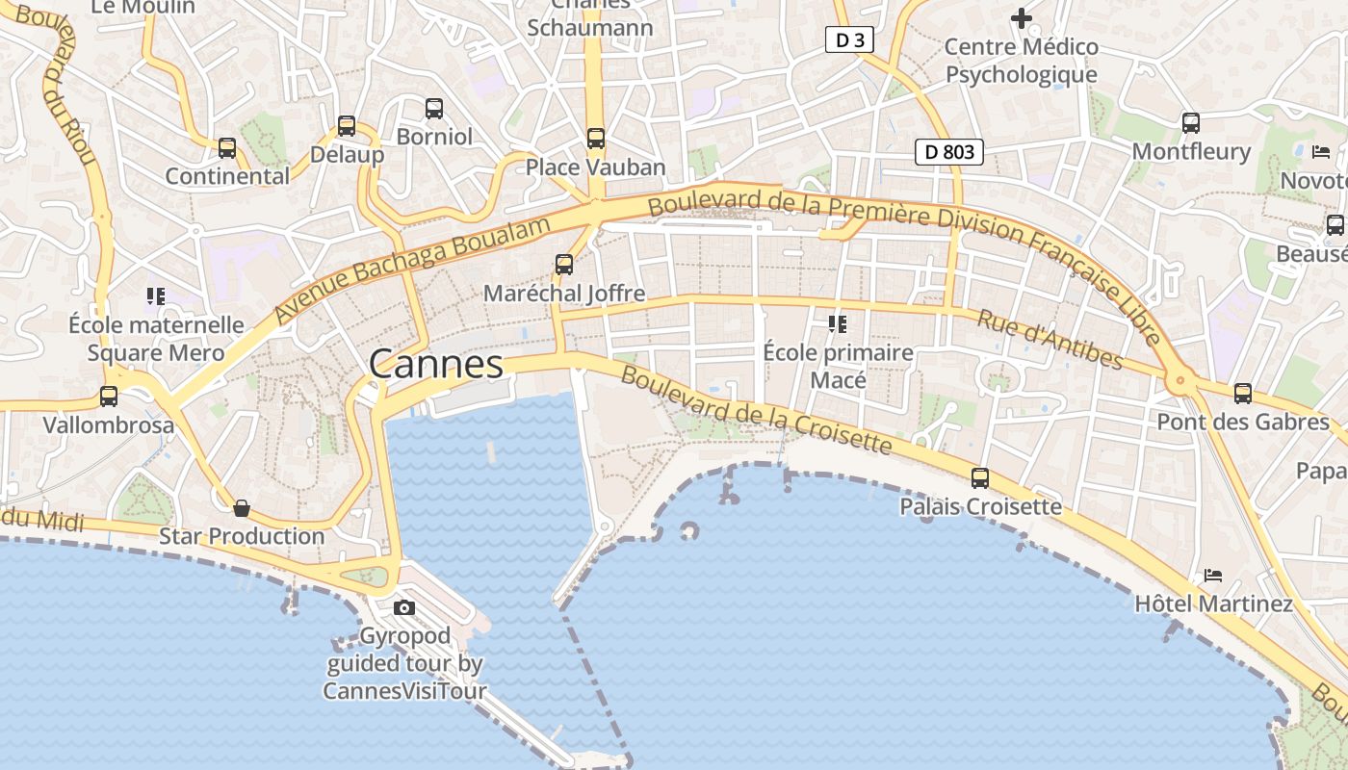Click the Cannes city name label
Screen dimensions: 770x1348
(x=435, y=365)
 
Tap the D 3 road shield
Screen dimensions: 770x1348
(x=849, y=39)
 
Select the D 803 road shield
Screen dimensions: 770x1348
(x=948, y=151)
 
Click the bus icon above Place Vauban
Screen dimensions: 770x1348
(x=596, y=139)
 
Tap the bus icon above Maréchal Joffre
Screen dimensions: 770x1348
(x=564, y=265)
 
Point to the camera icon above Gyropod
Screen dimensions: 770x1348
(x=404, y=607)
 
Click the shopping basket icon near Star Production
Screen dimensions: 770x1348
(x=242, y=507)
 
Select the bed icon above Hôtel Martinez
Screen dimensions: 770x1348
(x=1212, y=576)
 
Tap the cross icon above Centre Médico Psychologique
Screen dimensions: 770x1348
(x=1021, y=17)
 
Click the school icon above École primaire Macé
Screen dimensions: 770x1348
(x=837, y=324)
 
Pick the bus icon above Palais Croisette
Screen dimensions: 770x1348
(x=980, y=477)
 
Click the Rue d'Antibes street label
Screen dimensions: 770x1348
(x=1050, y=339)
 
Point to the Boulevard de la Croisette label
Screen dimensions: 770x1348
(x=756, y=409)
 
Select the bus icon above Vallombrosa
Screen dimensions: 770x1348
(x=109, y=396)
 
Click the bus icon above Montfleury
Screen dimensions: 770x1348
(x=1191, y=123)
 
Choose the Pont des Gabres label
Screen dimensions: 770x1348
(x=1242, y=422)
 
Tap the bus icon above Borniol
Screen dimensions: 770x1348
(x=434, y=109)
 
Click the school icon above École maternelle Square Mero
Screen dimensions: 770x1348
(x=156, y=295)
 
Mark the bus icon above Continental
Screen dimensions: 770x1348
(x=227, y=148)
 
